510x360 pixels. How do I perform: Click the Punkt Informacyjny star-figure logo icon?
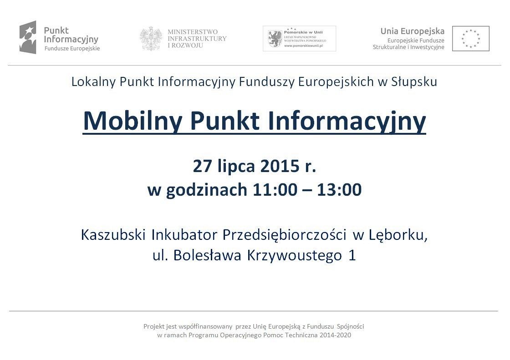[28, 37]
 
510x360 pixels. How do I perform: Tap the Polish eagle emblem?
[151, 38]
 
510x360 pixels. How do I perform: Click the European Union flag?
[470, 38]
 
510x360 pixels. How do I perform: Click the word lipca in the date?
[236, 167]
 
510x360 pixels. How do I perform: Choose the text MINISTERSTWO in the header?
[193, 32]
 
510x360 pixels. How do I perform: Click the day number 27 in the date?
[202, 167]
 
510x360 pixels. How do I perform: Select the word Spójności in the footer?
[351, 326]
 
